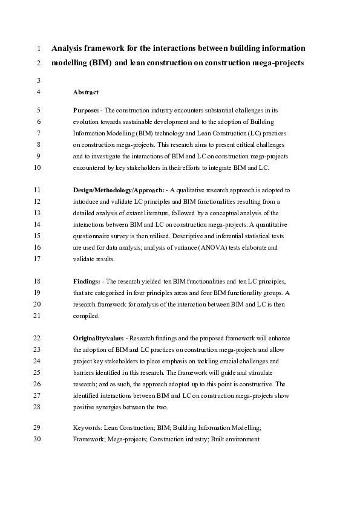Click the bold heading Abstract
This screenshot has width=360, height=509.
pos(86,92)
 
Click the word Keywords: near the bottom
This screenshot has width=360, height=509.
pos(87,427)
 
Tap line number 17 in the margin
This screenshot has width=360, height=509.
pos(38,259)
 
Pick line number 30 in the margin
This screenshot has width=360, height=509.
pos(38,439)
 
